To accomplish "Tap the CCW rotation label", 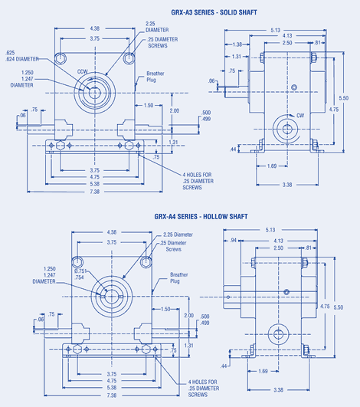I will [82, 73].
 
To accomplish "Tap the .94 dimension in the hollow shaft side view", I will [233, 240].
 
